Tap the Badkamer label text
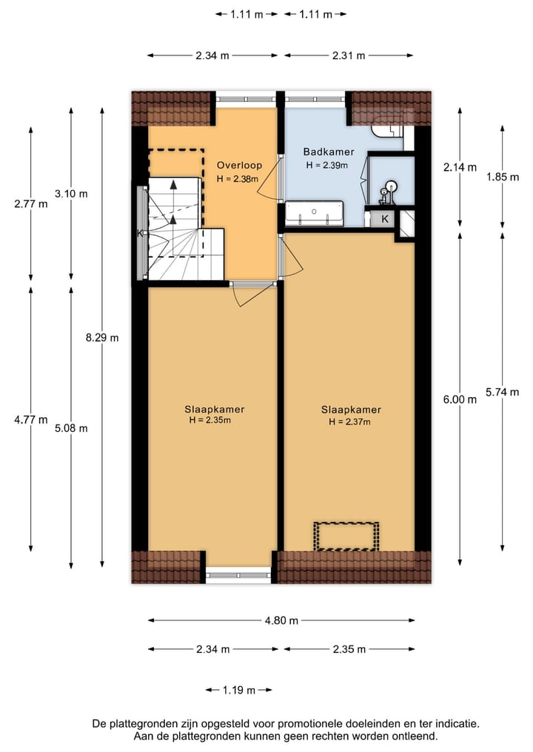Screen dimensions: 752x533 (x=329, y=152)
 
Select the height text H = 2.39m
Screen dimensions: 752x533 (x=329, y=166)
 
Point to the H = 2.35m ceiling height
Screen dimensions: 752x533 (x=214, y=421)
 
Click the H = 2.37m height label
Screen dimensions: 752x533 (x=350, y=422)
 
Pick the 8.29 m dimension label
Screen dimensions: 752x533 (x=102, y=337)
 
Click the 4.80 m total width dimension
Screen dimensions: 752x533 (x=282, y=620)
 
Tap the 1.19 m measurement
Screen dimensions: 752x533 (x=238, y=690)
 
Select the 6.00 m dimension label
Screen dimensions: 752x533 (x=460, y=399)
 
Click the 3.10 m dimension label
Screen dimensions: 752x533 (x=71, y=194)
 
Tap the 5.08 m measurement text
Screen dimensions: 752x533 (x=71, y=427)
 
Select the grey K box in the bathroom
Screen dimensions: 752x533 (x=384, y=219)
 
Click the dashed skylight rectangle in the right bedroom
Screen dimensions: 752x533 (x=346, y=536)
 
